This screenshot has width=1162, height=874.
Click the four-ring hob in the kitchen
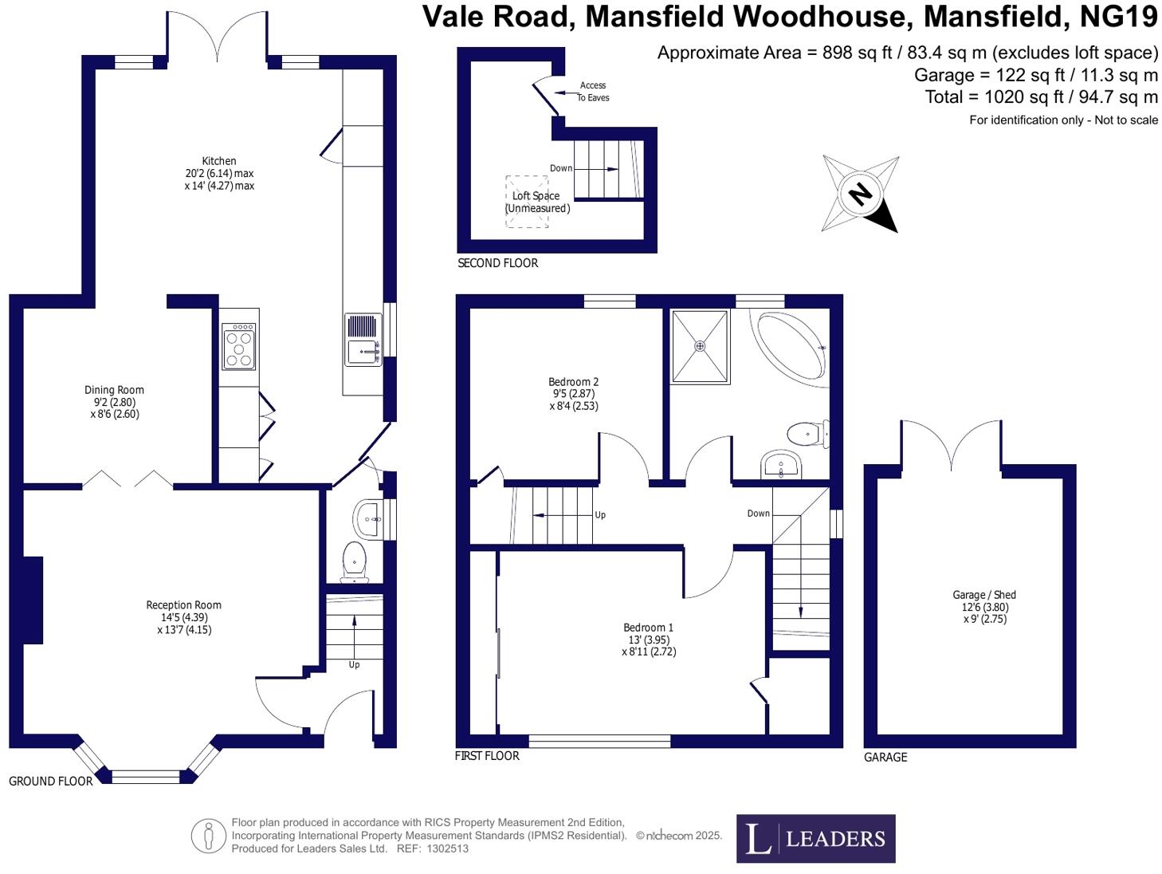(239, 346)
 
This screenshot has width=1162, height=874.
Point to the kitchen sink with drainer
(363, 339)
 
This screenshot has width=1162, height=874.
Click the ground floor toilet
(354, 561)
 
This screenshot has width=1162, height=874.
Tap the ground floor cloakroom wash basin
(368, 519)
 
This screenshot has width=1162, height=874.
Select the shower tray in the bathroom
(700, 346)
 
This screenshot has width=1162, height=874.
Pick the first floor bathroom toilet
(807, 435)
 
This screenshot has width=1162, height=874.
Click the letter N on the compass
(859, 194)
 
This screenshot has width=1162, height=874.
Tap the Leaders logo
(815, 838)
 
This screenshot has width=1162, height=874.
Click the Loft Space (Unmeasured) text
(537, 202)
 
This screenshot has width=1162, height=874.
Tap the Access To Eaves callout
(593, 92)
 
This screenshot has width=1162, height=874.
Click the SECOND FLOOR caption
(498, 263)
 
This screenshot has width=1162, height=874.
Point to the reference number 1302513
(447, 848)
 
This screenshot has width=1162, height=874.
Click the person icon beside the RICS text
(208, 836)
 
